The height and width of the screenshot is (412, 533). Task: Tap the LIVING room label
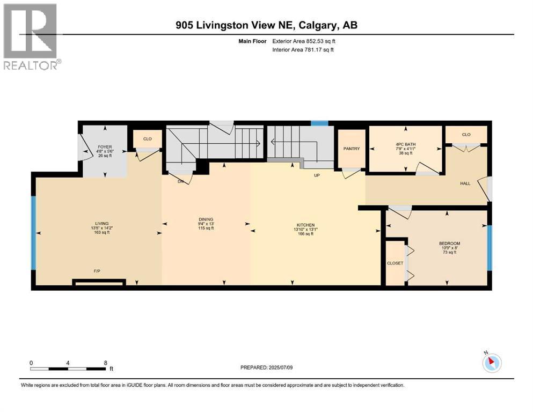pos(102,223)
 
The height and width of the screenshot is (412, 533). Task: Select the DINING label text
pos(206,219)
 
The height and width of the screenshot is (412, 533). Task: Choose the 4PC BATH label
pos(406,144)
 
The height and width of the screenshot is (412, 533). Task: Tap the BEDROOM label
pos(449,244)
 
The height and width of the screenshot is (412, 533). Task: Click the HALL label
pos(465,183)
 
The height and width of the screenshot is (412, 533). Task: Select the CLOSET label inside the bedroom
pos(395,263)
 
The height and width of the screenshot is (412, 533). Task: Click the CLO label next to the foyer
pos(147,139)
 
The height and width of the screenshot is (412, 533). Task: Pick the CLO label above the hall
pos(466,135)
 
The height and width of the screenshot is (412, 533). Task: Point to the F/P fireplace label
pos(98,271)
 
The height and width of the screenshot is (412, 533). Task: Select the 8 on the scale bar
pos(105,363)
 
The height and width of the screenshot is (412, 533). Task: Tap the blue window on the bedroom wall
pos(489,247)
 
